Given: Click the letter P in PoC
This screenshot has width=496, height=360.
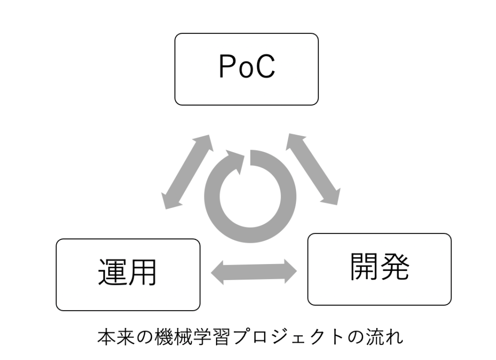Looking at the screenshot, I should [227, 68].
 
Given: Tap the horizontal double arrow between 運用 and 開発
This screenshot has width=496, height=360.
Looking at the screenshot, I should [255, 271].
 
